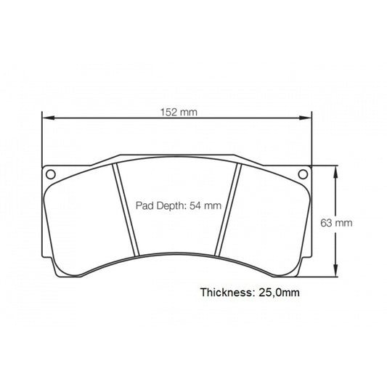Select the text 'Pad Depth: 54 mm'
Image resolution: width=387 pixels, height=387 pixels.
point(178,205)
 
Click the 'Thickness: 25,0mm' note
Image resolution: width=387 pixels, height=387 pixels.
point(250,293)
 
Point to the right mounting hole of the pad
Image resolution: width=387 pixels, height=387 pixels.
point(304,174)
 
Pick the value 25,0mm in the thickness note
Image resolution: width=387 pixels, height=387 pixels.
point(278,293)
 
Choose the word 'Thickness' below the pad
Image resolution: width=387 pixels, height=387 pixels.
point(225,293)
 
